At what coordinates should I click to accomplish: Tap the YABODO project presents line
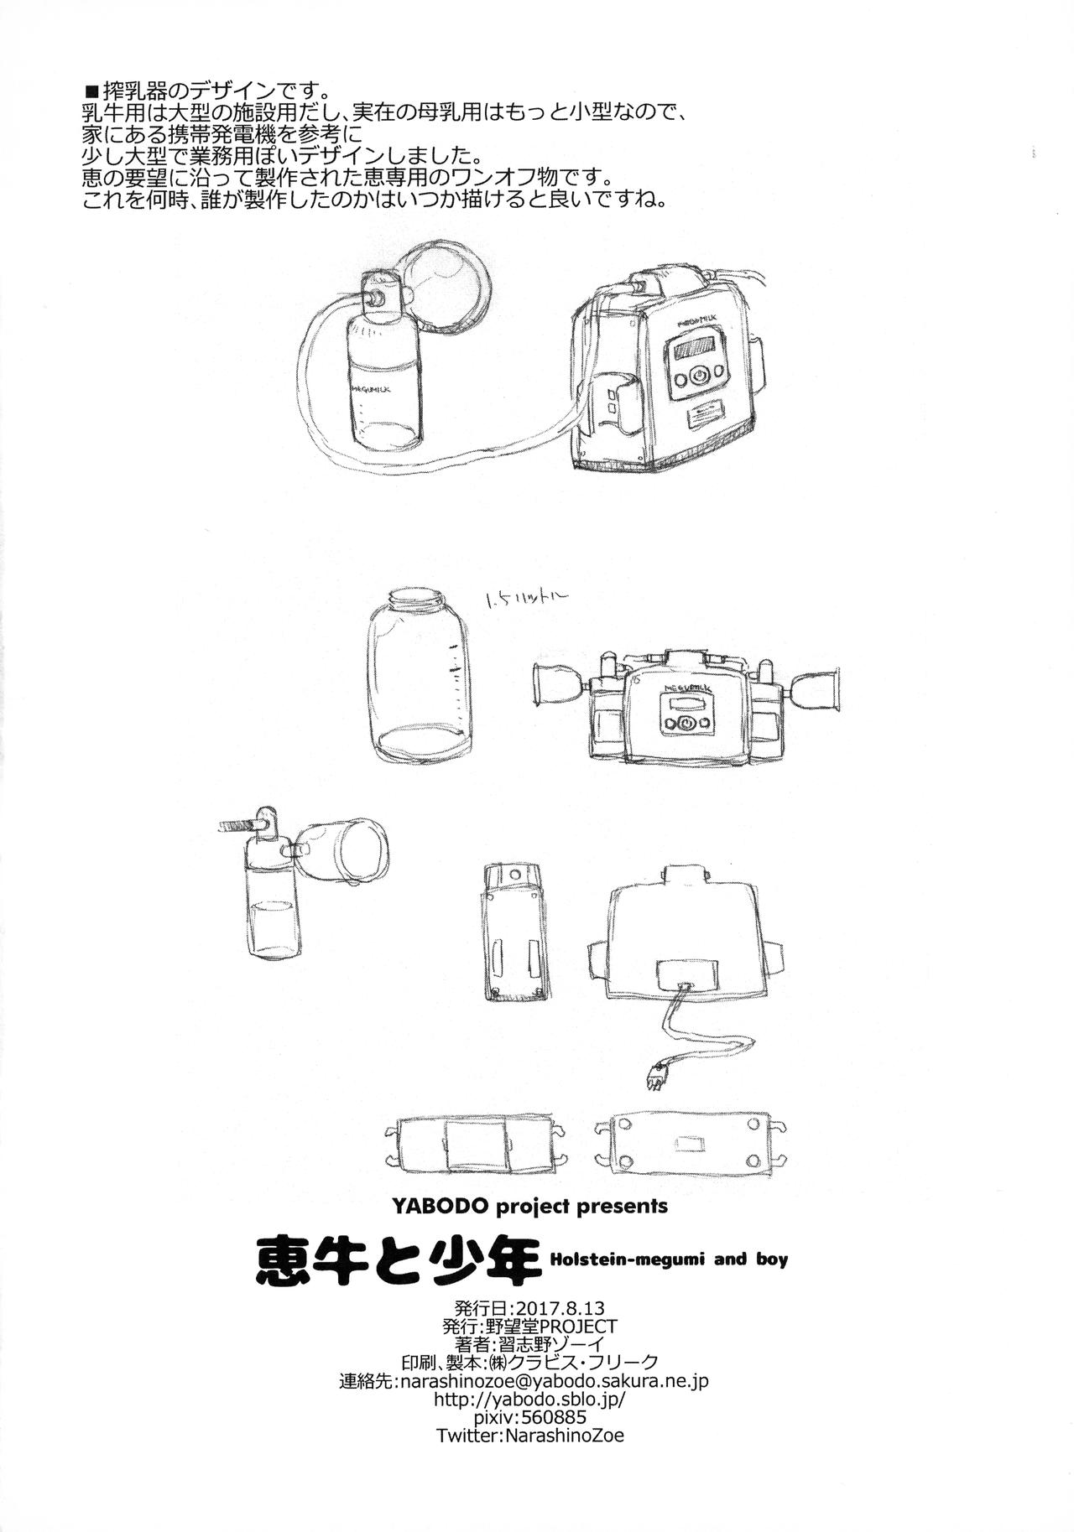(x=529, y=1206)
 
